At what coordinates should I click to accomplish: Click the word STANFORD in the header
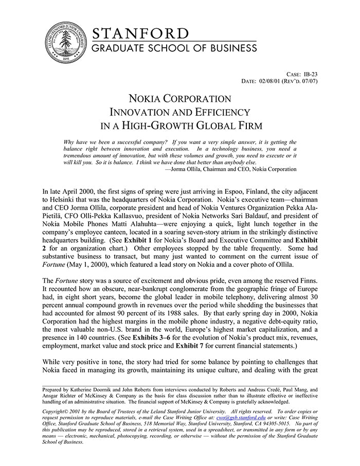point(140,34)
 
